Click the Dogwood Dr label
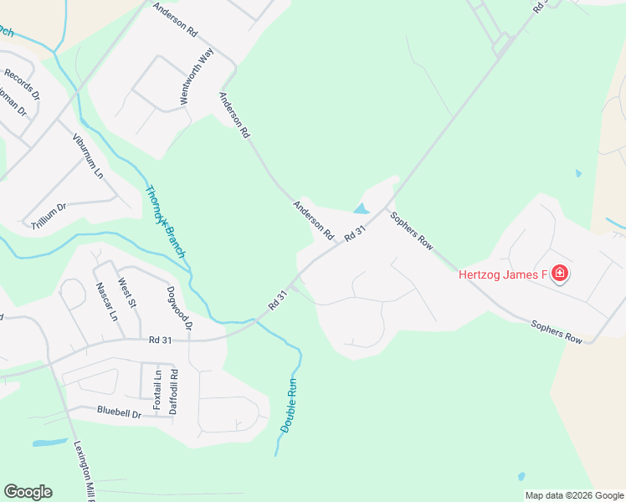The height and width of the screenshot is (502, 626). point(180,308)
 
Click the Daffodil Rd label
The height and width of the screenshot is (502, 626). point(174,397)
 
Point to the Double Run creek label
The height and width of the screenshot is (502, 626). point(289,406)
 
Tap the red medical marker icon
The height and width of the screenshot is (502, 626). point(559,274)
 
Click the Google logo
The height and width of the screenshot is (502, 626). point(28,492)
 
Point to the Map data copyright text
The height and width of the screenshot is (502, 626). point(574,495)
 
